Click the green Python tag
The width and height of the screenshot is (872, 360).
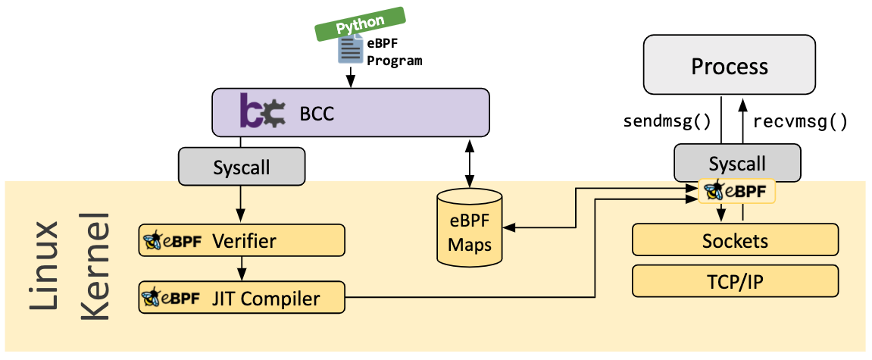pyautogui.click(x=360, y=23)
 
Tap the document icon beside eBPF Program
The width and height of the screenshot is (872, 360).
pyautogui.click(x=350, y=51)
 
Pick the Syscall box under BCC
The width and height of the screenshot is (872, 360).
pyautogui.click(x=242, y=167)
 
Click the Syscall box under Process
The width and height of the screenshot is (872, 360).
pyautogui.click(x=736, y=162)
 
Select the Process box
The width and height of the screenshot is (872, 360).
pyautogui.click(x=730, y=66)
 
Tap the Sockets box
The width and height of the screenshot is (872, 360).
pyautogui.click(x=735, y=240)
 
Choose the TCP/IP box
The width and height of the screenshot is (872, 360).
pyautogui.click(x=735, y=282)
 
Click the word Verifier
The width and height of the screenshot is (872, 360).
pyautogui.click(x=244, y=241)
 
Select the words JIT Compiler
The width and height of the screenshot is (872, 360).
pyautogui.click(x=265, y=299)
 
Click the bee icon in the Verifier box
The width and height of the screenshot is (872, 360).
pyautogui.click(x=152, y=242)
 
